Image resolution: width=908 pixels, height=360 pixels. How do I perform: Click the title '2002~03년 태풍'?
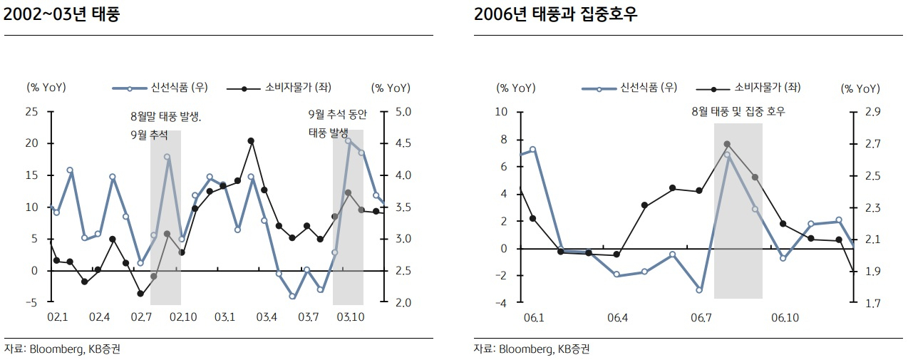click(x=61, y=14)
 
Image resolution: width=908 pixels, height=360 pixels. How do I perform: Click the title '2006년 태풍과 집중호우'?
click(x=555, y=14)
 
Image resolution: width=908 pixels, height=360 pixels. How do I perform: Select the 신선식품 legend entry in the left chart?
click(x=160, y=88)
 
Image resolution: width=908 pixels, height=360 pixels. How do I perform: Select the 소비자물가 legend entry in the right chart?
click(x=748, y=88)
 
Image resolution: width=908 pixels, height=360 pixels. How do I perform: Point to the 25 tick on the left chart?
click(x=31, y=111)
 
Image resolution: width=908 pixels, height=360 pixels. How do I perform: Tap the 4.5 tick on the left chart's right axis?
click(x=403, y=143)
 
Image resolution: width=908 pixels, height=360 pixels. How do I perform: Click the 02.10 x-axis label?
click(x=183, y=317)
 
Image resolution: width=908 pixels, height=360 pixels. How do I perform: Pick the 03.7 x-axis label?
click(x=308, y=317)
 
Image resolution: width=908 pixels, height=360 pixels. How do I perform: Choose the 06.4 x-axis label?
click(x=617, y=317)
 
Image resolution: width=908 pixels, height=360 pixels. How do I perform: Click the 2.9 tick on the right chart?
click(x=873, y=111)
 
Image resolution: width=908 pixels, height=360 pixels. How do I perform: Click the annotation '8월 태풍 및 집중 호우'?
click(x=738, y=111)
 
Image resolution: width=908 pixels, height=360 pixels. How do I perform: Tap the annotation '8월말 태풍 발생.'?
click(x=166, y=117)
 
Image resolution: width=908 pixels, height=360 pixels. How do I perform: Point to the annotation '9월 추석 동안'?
click(x=337, y=115)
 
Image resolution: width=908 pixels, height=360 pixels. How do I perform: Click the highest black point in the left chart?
click(x=251, y=141)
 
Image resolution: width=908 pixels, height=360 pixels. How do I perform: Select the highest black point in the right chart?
click(x=727, y=144)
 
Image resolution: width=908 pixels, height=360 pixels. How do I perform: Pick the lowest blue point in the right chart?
click(x=699, y=290)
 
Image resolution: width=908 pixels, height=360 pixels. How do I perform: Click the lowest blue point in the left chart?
click(x=292, y=297)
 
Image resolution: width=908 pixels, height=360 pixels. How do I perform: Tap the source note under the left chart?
click(x=63, y=349)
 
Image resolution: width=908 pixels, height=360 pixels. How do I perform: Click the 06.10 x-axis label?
click(x=785, y=317)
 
